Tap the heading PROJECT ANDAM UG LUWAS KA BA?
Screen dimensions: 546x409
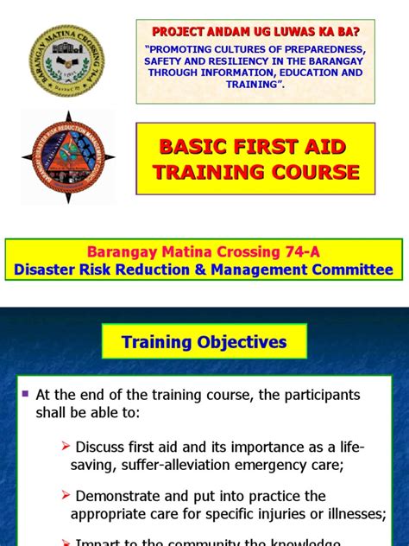pyautogui.click(x=255, y=31)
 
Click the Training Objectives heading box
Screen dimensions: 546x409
pyautogui.click(x=204, y=342)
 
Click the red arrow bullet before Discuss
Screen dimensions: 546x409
pyautogui.click(x=66, y=448)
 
